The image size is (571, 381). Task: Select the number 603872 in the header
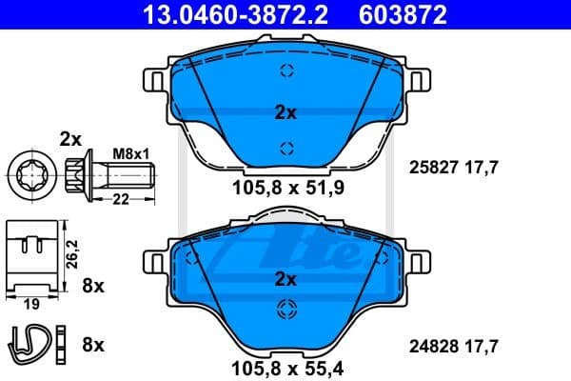[402, 14]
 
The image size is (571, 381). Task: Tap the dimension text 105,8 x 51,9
[285, 187]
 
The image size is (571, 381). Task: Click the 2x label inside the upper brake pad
[285, 112]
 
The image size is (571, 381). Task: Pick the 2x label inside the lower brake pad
[285, 279]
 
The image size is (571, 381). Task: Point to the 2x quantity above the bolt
[72, 137]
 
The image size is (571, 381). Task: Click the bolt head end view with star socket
[28, 173]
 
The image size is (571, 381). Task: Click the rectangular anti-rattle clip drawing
[30, 255]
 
